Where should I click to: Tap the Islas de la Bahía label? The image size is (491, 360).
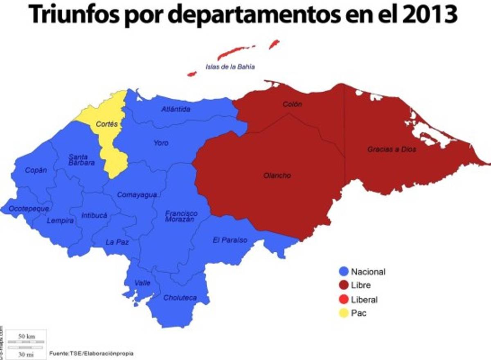pyautogui.click(x=230, y=66)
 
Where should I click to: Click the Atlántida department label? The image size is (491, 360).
pyautogui.click(x=176, y=109)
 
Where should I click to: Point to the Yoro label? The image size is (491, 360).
pyautogui.click(x=161, y=143)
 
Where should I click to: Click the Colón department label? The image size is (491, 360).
pyautogui.click(x=292, y=104)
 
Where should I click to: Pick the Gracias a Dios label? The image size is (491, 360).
pyautogui.click(x=391, y=149)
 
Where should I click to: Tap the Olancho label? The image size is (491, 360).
pyautogui.click(x=277, y=175)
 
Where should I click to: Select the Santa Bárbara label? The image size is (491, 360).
pyautogui.click(x=81, y=160)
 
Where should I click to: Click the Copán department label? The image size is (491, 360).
pyautogui.click(x=36, y=170)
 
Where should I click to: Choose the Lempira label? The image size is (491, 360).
pyautogui.click(x=60, y=221)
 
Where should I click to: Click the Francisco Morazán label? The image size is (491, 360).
pyautogui.click(x=181, y=216)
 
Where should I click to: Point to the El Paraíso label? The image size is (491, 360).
pyautogui.click(x=230, y=240)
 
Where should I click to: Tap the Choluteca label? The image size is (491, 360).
pyautogui.click(x=180, y=298)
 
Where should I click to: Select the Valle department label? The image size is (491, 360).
pyautogui.click(x=142, y=283)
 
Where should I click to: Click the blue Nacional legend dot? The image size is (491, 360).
pyautogui.click(x=344, y=271)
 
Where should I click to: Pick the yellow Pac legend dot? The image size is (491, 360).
pyautogui.click(x=344, y=313)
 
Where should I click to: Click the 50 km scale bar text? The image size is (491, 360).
pyautogui.click(x=25, y=336)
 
